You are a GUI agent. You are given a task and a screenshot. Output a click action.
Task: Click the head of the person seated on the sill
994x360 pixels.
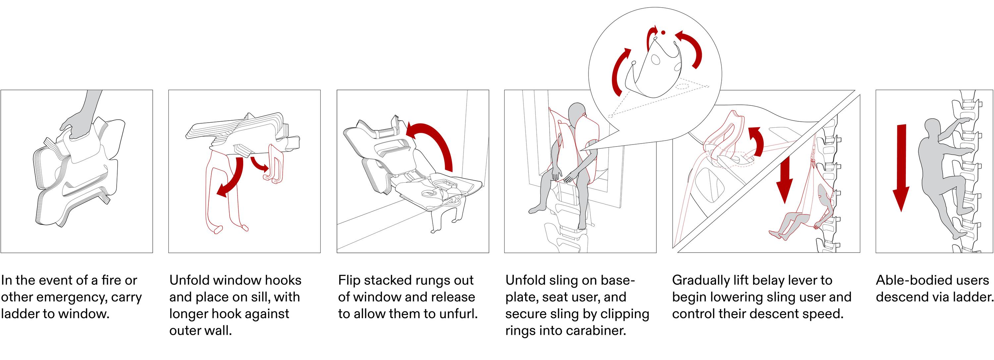[x=577, y=112]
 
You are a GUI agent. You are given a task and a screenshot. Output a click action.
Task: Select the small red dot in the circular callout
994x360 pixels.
[x=663, y=33]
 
